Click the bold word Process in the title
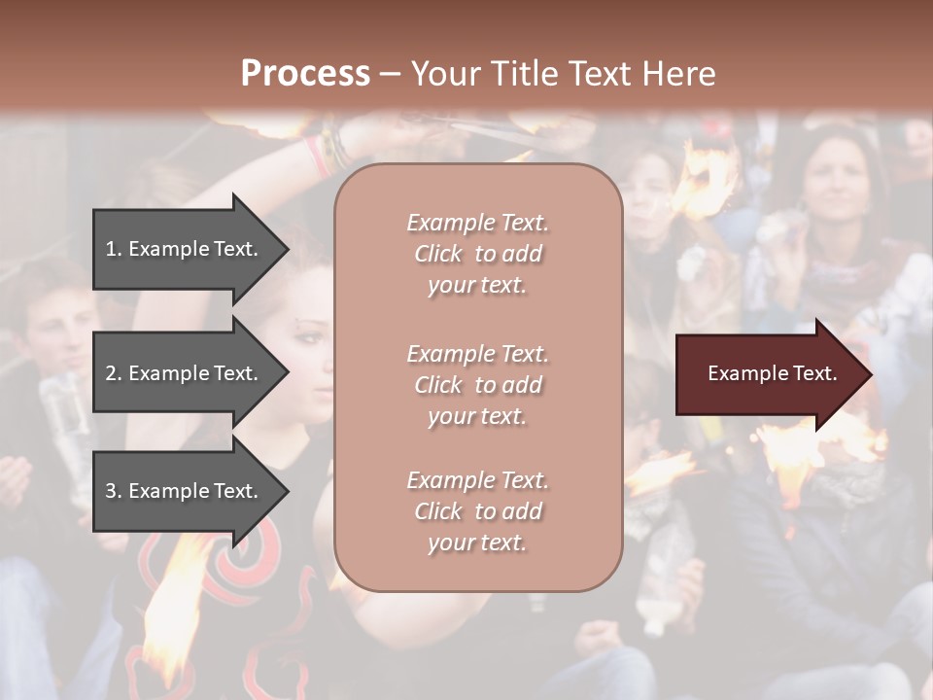coord(305,74)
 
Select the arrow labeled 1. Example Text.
coord(184,249)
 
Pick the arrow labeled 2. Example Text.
coord(184,373)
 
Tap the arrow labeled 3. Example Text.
coord(184,491)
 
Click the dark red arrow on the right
coord(768,374)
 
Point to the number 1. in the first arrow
coord(114,249)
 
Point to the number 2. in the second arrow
coord(114,373)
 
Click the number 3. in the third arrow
coord(114,491)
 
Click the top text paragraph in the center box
coord(477,254)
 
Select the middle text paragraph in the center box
coord(477,385)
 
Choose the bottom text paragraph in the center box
coord(477,511)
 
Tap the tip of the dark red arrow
coord(870,374)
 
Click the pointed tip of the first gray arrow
coord(287,249)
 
